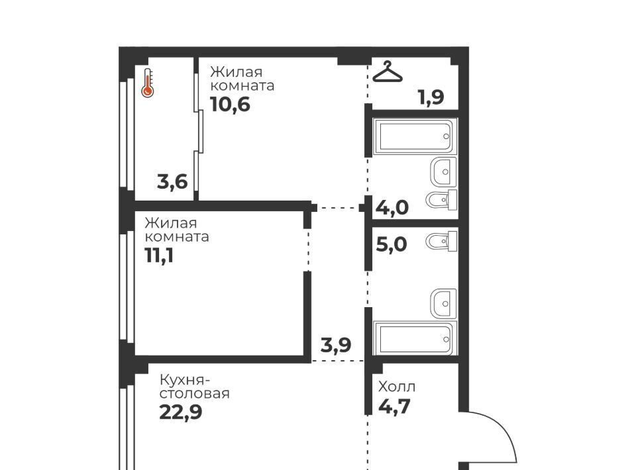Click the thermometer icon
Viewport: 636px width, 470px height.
coord(147,83)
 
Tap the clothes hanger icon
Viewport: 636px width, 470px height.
coord(388,71)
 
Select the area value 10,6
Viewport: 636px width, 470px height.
coord(230,105)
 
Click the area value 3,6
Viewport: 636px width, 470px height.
coord(172,181)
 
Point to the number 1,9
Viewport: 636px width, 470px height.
coord(431,97)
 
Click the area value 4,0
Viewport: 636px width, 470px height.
coord(392,207)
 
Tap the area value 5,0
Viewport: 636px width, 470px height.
coord(392,244)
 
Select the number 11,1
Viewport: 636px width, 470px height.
coord(159,256)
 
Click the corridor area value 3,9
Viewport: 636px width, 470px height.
coord(336,345)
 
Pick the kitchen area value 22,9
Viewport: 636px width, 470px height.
coord(180,412)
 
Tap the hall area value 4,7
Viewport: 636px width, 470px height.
coord(394,406)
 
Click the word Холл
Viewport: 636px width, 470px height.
coord(397,387)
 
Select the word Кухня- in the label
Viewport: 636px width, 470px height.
coord(185,381)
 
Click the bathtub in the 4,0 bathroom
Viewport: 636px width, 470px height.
coord(415,136)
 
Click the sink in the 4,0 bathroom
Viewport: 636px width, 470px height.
coord(443,171)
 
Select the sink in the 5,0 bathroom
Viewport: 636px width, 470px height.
coord(443,303)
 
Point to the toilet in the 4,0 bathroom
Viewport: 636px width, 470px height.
coord(441,200)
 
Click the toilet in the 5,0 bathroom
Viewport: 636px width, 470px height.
coord(441,242)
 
